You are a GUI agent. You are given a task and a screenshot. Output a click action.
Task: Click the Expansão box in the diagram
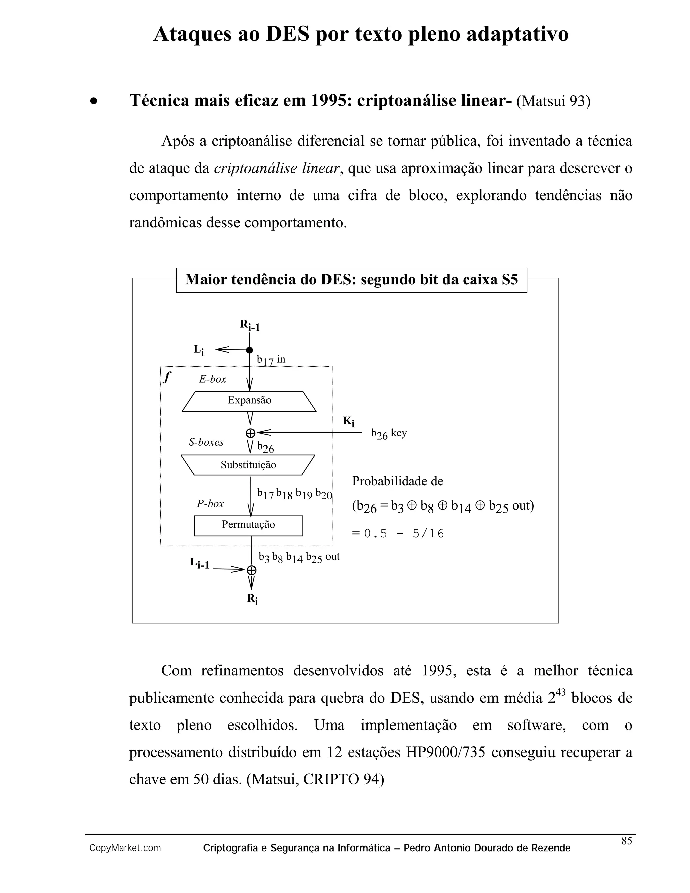[x=249, y=401]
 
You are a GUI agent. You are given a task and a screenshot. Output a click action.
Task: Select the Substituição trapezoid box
[x=248, y=465]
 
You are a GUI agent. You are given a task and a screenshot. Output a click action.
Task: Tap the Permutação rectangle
[x=248, y=525]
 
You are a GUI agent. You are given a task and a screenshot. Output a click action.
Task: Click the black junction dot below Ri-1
[x=249, y=350]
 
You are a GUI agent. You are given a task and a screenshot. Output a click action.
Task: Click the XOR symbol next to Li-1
[x=251, y=570]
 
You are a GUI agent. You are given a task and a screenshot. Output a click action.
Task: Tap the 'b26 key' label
[x=389, y=433]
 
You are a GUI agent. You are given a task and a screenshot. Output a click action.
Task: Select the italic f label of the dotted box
[x=167, y=377]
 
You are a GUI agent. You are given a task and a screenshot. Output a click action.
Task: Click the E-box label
[x=213, y=379]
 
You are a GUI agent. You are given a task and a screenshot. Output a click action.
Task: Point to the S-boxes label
[x=206, y=442]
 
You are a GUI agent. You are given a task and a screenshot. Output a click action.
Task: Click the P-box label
[x=210, y=504]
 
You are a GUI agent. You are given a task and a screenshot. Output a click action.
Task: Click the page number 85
[x=627, y=841]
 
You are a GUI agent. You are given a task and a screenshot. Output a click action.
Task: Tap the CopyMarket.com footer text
[x=125, y=849]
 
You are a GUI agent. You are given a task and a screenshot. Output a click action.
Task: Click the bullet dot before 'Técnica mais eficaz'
[x=94, y=101]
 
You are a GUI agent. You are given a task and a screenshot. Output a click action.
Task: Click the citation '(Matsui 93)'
[x=554, y=101]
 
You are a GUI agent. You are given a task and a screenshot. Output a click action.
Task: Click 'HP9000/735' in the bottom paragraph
[x=445, y=752]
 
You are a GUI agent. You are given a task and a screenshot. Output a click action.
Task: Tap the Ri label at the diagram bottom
[x=252, y=599]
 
